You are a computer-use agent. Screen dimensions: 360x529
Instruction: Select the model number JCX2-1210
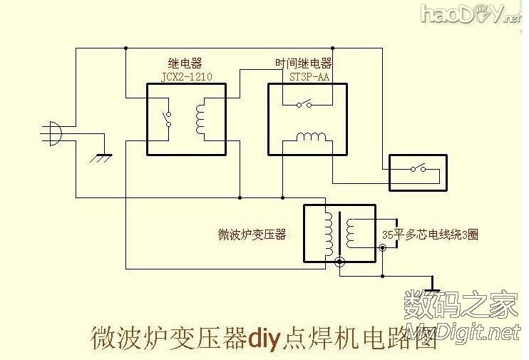tap(187, 76)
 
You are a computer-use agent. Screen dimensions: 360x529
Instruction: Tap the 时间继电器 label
tap(302, 63)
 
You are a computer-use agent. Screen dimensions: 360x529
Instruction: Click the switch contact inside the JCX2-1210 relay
tap(168, 119)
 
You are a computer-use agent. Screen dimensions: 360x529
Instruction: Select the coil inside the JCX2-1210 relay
tap(200, 118)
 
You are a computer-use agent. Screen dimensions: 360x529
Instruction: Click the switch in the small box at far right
tap(416, 170)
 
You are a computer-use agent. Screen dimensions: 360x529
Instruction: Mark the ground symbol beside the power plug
tap(99, 156)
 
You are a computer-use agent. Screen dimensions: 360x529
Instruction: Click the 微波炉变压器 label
tap(252, 235)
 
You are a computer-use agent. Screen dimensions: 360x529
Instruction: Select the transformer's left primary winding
tap(327, 235)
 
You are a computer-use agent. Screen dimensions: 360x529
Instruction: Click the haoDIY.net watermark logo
tap(471, 14)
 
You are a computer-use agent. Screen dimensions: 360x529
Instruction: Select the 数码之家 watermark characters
tap(460, 309)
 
